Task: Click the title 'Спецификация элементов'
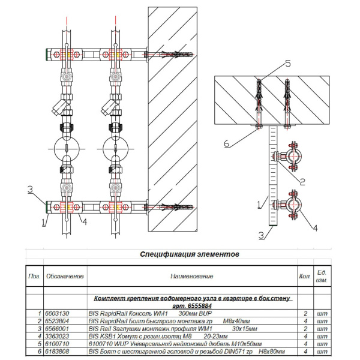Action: point(189,254)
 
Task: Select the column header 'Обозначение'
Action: point(64,277)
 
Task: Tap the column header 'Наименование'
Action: point(190,277)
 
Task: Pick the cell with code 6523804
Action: point(58,322)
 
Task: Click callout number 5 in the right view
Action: point(287,63)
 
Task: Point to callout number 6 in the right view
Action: point(227,143)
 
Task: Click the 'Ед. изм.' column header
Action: point(337,277)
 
